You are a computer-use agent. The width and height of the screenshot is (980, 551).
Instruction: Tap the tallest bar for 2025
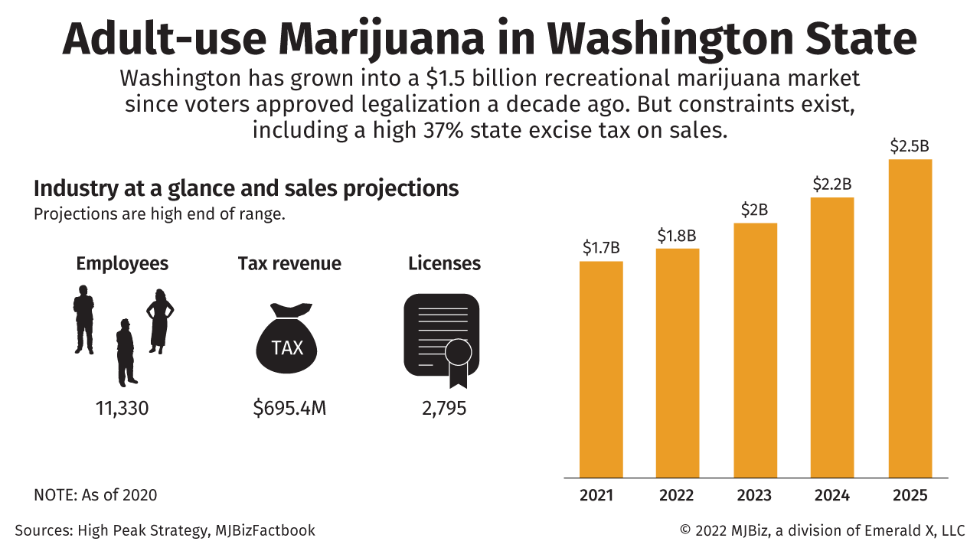point(910,318)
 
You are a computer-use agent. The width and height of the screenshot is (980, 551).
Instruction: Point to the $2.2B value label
point(832,184)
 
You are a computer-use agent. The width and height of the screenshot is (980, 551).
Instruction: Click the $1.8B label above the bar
point(678,236)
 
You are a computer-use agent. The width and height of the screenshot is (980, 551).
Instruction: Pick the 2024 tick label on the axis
point(832,495)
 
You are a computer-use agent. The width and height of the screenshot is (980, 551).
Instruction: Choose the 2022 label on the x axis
point(678,495)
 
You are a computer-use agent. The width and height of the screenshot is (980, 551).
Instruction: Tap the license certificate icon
point(442,337)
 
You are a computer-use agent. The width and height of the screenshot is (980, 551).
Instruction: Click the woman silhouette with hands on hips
point(160,321)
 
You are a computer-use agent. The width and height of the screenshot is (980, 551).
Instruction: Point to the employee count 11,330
point(122,408)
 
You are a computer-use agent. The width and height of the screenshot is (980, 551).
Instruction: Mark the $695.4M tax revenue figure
point(289,408)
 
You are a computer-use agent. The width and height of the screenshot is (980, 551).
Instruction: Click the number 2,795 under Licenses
point(444,408)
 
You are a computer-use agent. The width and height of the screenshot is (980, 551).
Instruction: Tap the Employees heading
point(122,264)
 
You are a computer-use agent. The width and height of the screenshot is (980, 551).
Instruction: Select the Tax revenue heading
point(289,264)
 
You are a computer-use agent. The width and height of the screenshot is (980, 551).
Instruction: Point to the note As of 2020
point(96,495)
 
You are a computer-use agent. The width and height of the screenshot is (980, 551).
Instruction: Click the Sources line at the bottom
point(165,530)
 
